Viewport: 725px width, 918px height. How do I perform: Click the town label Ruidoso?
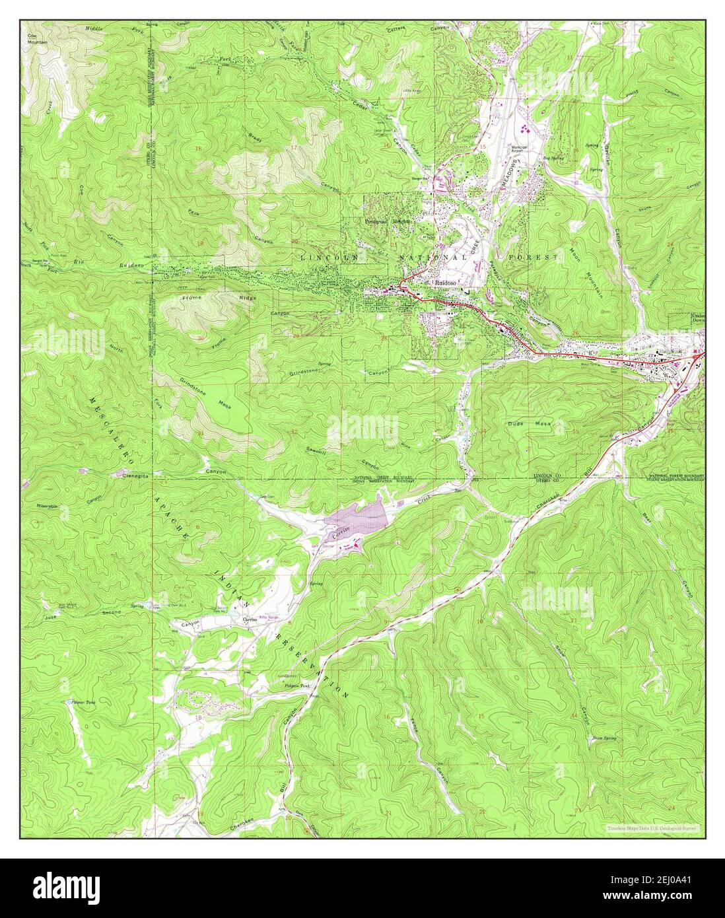pyautogui.click(x=445, y=282)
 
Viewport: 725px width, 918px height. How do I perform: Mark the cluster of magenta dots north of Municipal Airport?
pyautogui.click(x=525, y=125)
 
